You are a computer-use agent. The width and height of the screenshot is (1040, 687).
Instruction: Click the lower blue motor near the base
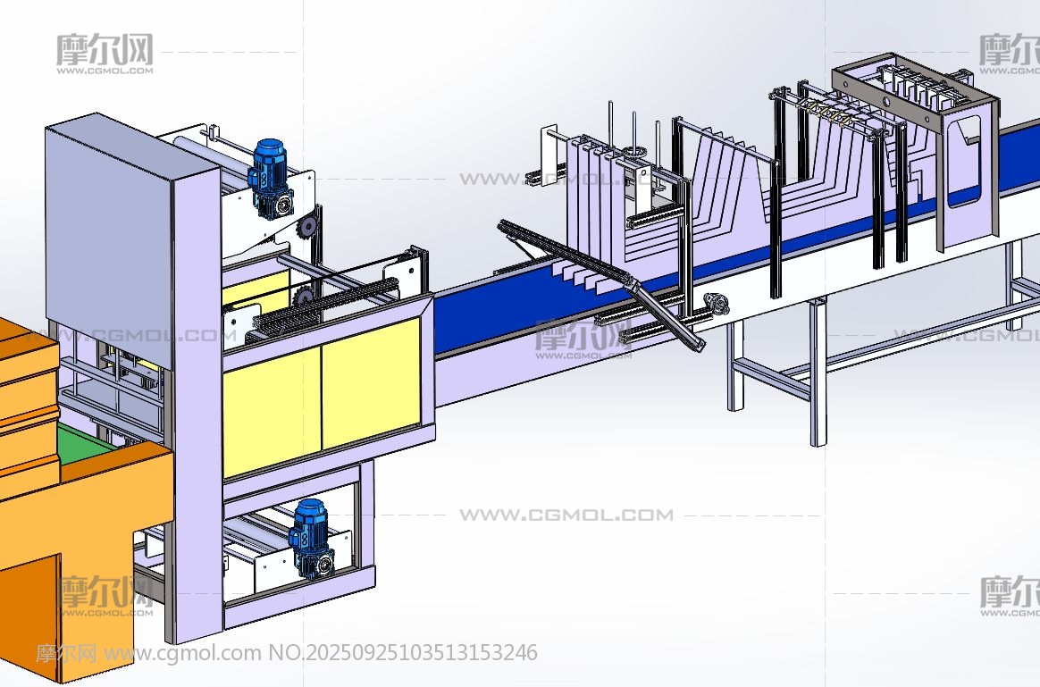311,538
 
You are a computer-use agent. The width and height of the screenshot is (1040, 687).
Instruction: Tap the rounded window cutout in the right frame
964,161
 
